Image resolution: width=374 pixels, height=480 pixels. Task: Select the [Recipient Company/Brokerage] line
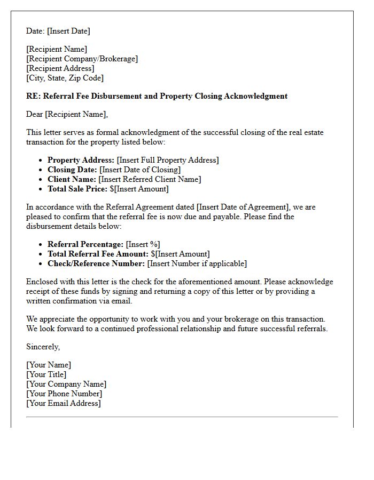click(x=82, y=59)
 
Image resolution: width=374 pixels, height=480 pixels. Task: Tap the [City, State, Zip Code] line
click(x=65, y=78)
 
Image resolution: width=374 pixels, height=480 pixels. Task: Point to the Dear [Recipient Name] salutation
click(x=67, y=114)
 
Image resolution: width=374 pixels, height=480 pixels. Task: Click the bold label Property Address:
click(x=81, y=160)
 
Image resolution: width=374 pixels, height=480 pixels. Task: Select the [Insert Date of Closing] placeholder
click(x=140, y=170)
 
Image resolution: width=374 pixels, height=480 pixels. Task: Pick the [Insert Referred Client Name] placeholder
click(x=150, y=179)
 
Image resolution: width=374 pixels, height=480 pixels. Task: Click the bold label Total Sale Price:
click(x=77, y=189)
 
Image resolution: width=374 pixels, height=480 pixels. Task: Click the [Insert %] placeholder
click(x=143, y=244)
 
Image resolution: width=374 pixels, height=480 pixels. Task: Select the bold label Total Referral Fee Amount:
click(x=98, y=254)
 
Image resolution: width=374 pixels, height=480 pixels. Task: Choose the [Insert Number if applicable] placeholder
click(x=197, y=263)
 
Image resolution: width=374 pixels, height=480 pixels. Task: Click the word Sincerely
click(x=43, y=347)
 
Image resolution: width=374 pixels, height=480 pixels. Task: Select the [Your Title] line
click(x=46, y=374)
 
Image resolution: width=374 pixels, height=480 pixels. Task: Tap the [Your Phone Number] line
click(x=64, y=394)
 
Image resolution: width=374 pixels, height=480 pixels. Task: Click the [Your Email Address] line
click(x=63, y=403)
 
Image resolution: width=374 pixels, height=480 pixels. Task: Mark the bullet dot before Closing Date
click(x=41, y=170)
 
